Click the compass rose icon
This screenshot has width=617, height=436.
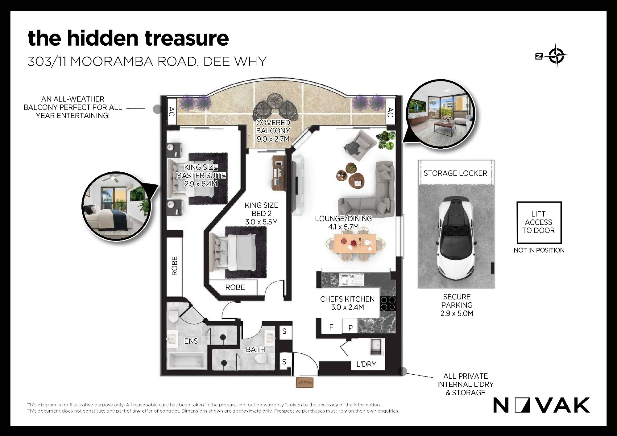[557, 56]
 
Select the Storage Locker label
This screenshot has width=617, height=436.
[455, 173]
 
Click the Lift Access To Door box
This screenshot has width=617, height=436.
[539, 222]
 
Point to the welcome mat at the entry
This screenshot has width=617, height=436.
[304, 382]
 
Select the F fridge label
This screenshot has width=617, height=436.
[331, 327]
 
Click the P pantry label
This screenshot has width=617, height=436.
[350, 328]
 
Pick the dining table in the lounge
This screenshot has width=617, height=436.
[355, 244]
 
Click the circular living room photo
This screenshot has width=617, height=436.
[441, 114]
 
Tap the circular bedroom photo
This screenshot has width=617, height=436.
[117, 206]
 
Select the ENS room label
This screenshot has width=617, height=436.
[191, 341]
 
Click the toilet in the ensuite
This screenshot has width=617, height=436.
[174, 313]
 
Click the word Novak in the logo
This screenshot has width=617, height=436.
[542, 405]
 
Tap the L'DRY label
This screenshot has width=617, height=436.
[366, 364]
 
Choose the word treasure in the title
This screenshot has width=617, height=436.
[187, 38]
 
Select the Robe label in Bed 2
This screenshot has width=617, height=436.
[235, 287]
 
